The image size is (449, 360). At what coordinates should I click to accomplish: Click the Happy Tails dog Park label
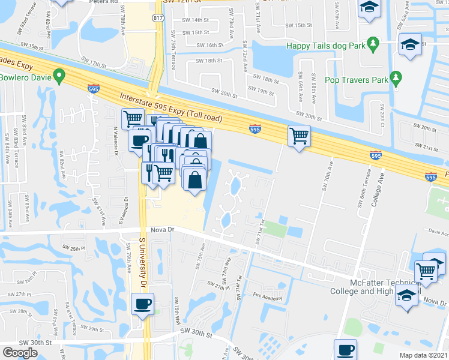pos(325,46)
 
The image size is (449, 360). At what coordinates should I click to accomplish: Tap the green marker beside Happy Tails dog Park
pos(373,43)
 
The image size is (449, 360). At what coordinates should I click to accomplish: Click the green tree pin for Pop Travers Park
pos(396,77)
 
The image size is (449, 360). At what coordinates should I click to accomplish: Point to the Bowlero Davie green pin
pos(58,76)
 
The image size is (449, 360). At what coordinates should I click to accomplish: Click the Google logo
pos(20,353)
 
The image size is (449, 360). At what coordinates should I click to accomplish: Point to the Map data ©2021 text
pos(424,355)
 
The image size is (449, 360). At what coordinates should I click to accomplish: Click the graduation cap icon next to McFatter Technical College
pos(406,295)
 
